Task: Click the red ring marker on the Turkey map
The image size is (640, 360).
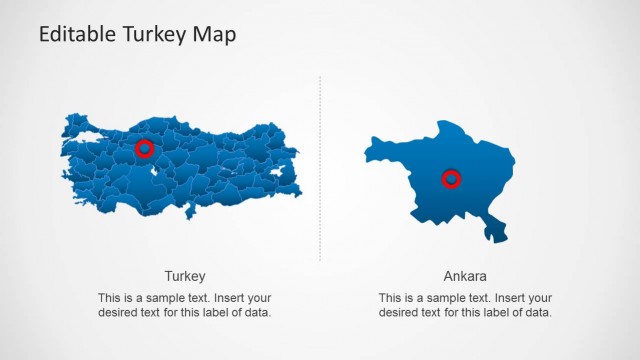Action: click(x=145, y=149)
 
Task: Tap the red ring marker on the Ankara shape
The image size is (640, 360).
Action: click(x=452, y=179)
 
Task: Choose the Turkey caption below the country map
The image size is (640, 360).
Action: click(x=185, y=276)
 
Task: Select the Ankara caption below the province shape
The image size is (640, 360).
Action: click(x=465, y=276)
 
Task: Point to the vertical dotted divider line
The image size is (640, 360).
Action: click(x=320, y=170)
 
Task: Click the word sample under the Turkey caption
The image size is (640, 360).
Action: click(x=169, y=298)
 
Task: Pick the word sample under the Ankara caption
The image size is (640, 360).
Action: click(x=450, y=298)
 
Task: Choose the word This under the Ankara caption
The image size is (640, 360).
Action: click(x=391, y=298)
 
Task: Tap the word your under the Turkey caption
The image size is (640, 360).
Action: click(x=260, y=298)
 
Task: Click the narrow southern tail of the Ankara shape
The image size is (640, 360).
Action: click(x=494, y=232)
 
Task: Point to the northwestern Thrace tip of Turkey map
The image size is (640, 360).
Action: click(x=73, y=123)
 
